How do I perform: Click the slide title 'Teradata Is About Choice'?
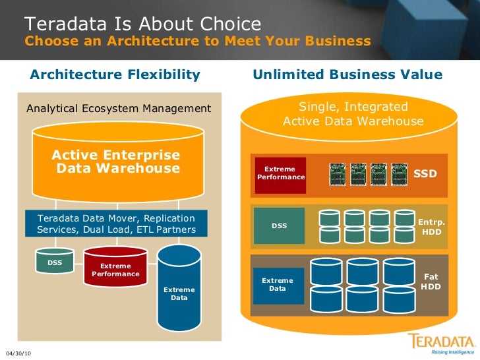(x=143, y=24)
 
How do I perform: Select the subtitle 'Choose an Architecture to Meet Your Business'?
(x=198, y=42)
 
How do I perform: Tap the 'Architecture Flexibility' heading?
(x=115, y=75)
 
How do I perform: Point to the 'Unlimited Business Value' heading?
(x=347, y=75)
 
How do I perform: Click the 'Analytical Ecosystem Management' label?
(x=119, y=108)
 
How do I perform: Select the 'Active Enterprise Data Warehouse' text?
(x=116, y=162)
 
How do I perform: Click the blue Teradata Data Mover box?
(x=116, y=224)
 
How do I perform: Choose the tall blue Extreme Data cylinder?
(x=179, y=290)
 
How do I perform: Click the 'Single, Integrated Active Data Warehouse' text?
(x=353, y=114)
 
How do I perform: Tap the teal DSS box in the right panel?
(x=280, y=226)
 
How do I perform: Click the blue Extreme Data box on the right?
(x=278, y=285)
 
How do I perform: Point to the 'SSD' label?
(x=425, y=173)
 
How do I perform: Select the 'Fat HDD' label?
(x=431, y=282)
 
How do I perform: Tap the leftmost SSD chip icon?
(x=338, y=173)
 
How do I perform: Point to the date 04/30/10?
(x=18, y=354)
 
